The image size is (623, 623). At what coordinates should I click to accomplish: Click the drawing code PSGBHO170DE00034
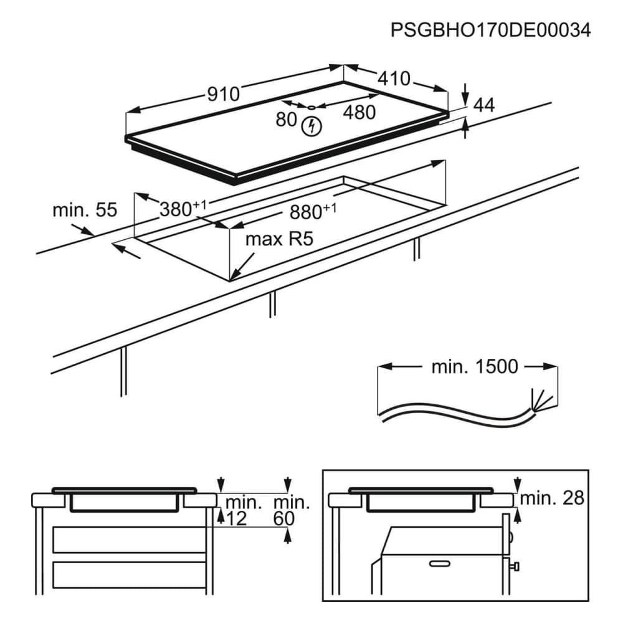coord(490,31)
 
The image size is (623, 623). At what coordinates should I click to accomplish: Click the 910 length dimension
coord(223,94)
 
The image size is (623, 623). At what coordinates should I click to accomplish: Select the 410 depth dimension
coord(394,78)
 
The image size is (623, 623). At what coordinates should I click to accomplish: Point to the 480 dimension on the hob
coord(359,112)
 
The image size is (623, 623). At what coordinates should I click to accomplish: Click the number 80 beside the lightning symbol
coord(287,119)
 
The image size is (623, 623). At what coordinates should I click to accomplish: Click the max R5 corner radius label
coord(278,239)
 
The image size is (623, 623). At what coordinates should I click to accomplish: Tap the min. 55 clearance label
coord(85,210)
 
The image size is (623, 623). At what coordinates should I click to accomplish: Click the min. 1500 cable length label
coord(475,366)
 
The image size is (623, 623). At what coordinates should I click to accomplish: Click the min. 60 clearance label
coord(291,510)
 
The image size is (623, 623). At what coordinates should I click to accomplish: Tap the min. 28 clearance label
coord(553,497)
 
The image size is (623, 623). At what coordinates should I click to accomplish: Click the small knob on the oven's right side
coord(516,566)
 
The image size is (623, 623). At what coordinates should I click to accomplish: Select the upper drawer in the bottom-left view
coord(129,539)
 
